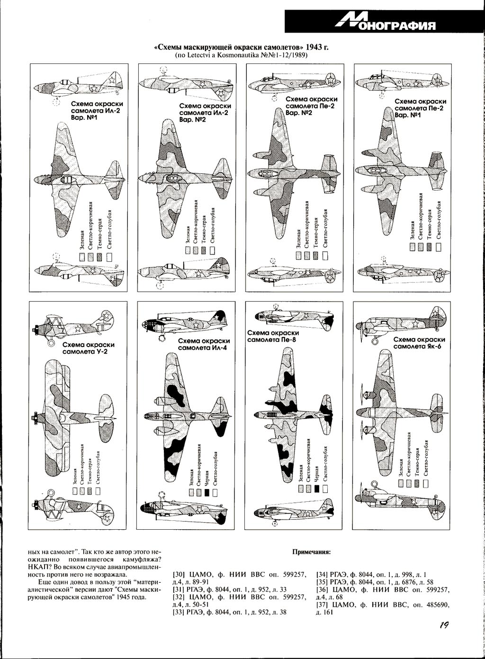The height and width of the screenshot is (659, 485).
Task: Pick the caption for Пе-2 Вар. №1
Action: [x=420, y=108]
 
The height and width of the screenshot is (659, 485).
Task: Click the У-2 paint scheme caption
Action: [x=88, y=348]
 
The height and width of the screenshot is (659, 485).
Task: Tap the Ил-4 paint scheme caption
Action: [x=204, y=344]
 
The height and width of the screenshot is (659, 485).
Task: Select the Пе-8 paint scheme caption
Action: [x=273, y=336]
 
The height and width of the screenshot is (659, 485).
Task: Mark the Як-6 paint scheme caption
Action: [x=419, y=343]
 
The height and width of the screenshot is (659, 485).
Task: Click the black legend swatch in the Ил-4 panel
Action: [x=207, y=493]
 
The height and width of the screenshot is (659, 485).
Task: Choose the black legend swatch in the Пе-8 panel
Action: [x=316, y=490]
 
